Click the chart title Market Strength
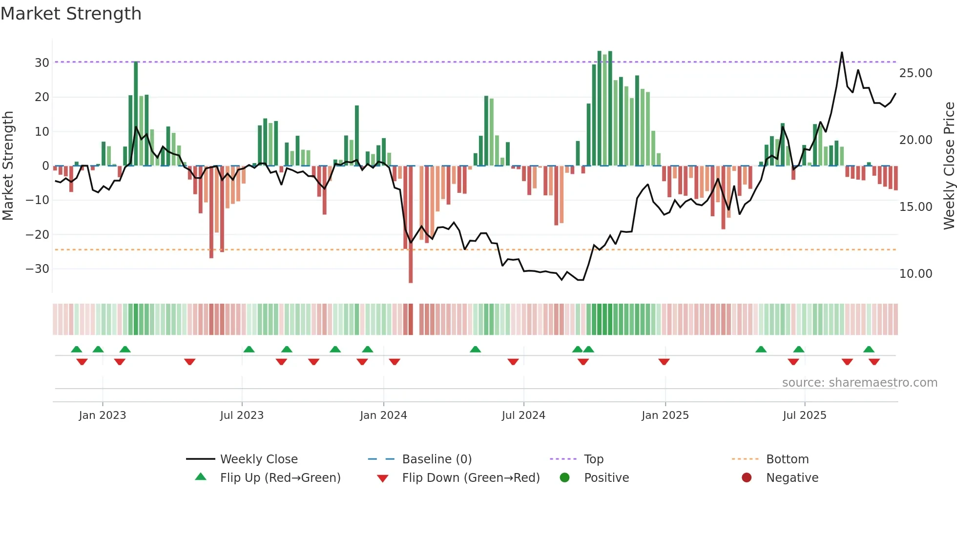coord(71,14)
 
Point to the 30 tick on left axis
coord(42,62)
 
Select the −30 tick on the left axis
coord(38,269)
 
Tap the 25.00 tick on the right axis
coord(915,73)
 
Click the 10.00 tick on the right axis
coord(915,274)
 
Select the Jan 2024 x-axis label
coord(383,415)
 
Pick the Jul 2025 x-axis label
coord(804,415)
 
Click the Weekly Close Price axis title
coord(949,166)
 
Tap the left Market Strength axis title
coord(8,166)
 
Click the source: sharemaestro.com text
coord(859,383)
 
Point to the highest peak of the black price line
coord(842,53)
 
